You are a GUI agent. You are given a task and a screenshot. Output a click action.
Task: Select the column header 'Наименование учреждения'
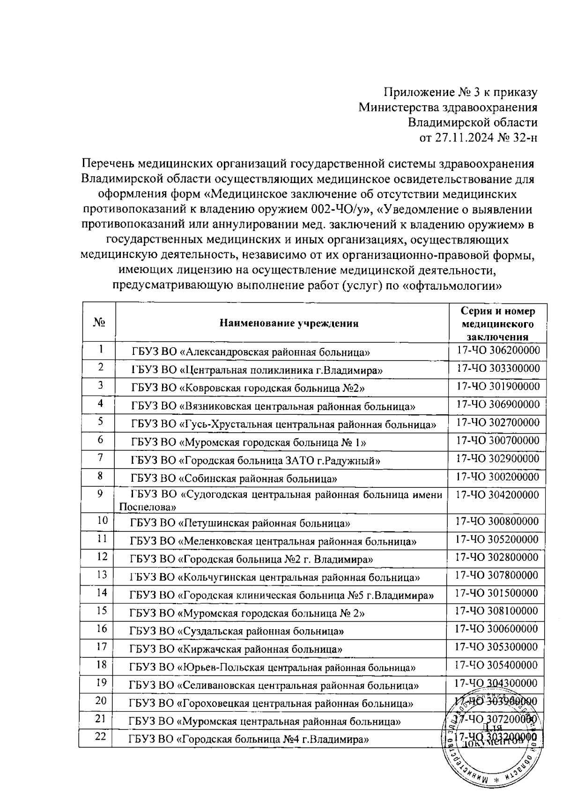[289, 323]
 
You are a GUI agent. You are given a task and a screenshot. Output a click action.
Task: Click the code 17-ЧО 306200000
[498, 350]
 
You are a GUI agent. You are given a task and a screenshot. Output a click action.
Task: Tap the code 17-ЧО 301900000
[498, 386]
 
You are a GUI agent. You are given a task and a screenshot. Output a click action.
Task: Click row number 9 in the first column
[100, 494]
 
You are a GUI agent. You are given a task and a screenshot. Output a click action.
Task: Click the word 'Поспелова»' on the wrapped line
[148, 507]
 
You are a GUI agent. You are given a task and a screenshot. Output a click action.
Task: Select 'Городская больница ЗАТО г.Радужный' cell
[256, 461]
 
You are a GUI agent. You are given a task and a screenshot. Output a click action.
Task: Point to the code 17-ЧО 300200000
[497, 477]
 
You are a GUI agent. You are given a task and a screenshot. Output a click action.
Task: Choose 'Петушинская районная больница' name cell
[240, 523]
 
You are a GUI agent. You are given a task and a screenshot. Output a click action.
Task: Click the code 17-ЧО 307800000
[497, 575]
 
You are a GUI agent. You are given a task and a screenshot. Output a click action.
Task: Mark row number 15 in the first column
[102, 610]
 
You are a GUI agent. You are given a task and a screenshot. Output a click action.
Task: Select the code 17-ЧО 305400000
[497, 665]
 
